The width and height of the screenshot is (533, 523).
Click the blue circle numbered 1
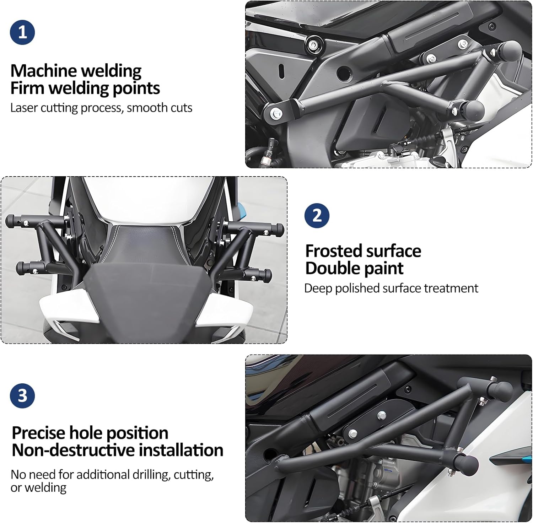[x=22, y=32]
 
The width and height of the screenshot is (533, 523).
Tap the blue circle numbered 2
[x=317, y=216]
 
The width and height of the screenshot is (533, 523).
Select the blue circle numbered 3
[x=22, y=395]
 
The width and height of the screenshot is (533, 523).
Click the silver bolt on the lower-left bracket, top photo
[x=276, y=114]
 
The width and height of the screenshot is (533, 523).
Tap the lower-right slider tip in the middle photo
[x=268, y=275]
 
